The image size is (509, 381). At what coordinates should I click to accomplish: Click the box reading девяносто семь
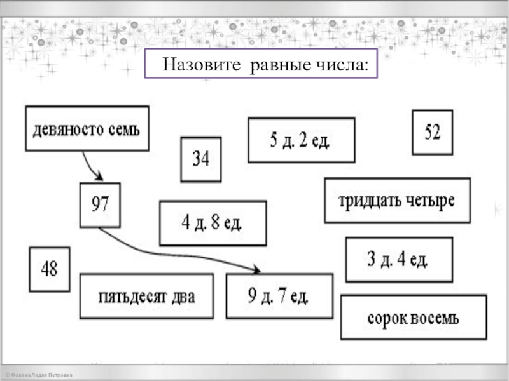pos(87,129)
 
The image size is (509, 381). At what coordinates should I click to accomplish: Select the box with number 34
pos(201,159)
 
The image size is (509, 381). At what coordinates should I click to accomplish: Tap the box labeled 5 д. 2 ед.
pos(301,140)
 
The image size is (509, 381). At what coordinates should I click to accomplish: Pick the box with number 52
pos(432,133)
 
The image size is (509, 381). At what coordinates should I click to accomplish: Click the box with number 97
pos(100,205)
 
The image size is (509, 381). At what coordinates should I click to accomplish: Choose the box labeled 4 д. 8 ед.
pos(213,223)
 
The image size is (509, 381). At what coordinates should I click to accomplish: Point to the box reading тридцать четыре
pos(397,201)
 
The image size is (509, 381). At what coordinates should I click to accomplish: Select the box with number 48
pos(50,269)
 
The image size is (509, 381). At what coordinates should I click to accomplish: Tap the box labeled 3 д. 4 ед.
pos(399,259)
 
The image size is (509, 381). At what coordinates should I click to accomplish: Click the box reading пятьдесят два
pos(146,297)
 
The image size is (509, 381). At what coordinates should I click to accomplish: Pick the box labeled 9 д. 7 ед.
pos(279,296)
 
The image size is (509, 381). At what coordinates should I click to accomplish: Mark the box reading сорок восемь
pos(414,317)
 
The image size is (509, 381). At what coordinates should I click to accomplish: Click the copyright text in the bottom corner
pos(38,376)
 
